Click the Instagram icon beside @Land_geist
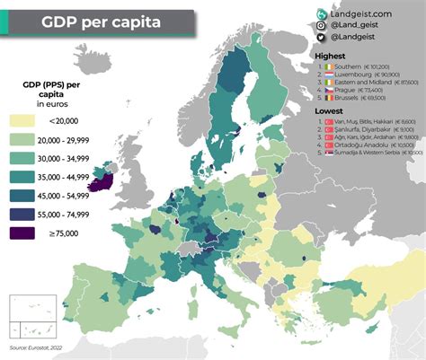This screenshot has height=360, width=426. tap(322, 26)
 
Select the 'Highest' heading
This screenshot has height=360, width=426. tap(331, 57)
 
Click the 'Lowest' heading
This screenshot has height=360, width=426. tap(329, 110)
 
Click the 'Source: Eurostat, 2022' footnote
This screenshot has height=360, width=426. tap(36, 347)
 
